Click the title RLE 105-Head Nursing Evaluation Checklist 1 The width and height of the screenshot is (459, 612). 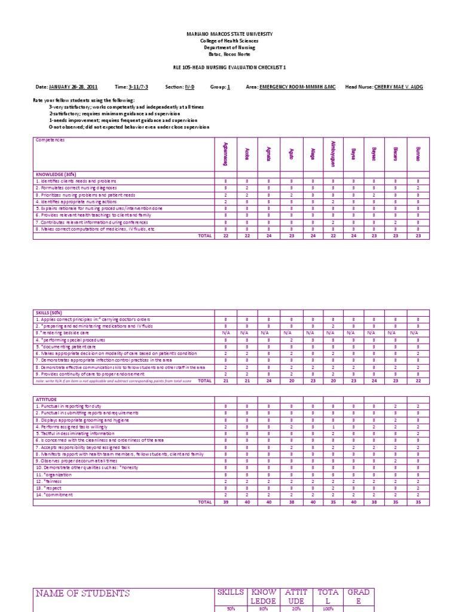229,68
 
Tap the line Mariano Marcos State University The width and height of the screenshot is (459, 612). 229,34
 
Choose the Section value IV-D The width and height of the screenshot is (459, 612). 190,87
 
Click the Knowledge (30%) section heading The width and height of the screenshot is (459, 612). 54,175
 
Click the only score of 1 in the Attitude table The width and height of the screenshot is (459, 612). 333,427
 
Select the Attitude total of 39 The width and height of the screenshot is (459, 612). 225,503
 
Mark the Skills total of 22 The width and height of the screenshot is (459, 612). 418,380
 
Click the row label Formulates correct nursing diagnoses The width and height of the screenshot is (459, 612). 76,188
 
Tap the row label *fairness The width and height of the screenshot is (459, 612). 47,481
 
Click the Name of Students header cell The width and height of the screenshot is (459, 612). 82,593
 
